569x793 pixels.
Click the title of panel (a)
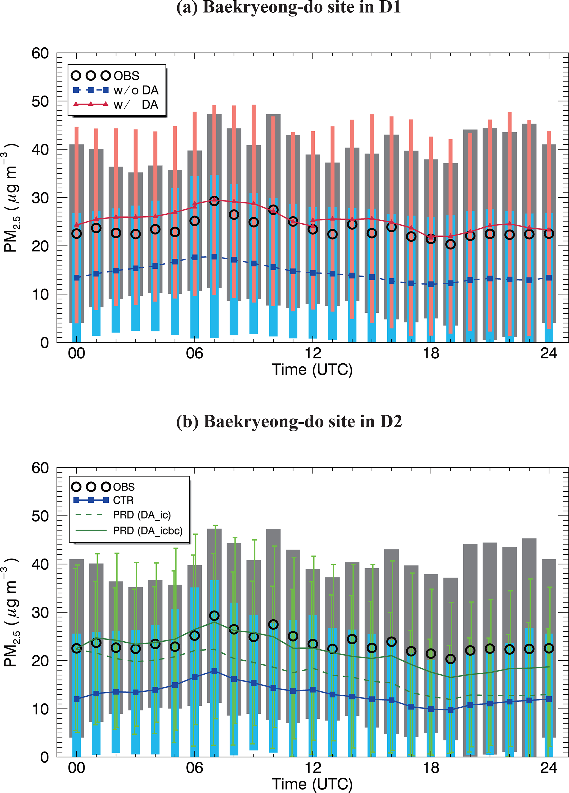click(288, 8)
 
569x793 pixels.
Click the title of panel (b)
click(289, 421)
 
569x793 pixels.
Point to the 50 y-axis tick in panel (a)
click(40, 102)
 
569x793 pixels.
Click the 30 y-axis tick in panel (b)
click(40, 613)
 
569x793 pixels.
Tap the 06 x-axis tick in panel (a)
click(194, 353)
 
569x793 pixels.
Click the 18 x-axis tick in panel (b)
click(431, 768)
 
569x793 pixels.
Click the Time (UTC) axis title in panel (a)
click(312, 370)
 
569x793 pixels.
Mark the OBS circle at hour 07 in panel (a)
click(214, 201)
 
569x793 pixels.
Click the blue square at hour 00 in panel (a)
click(77, 278)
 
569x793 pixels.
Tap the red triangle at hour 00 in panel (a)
click(77, 225)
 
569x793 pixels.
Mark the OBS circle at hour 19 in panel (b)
click(450, 659)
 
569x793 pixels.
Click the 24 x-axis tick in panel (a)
click(549, 353)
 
